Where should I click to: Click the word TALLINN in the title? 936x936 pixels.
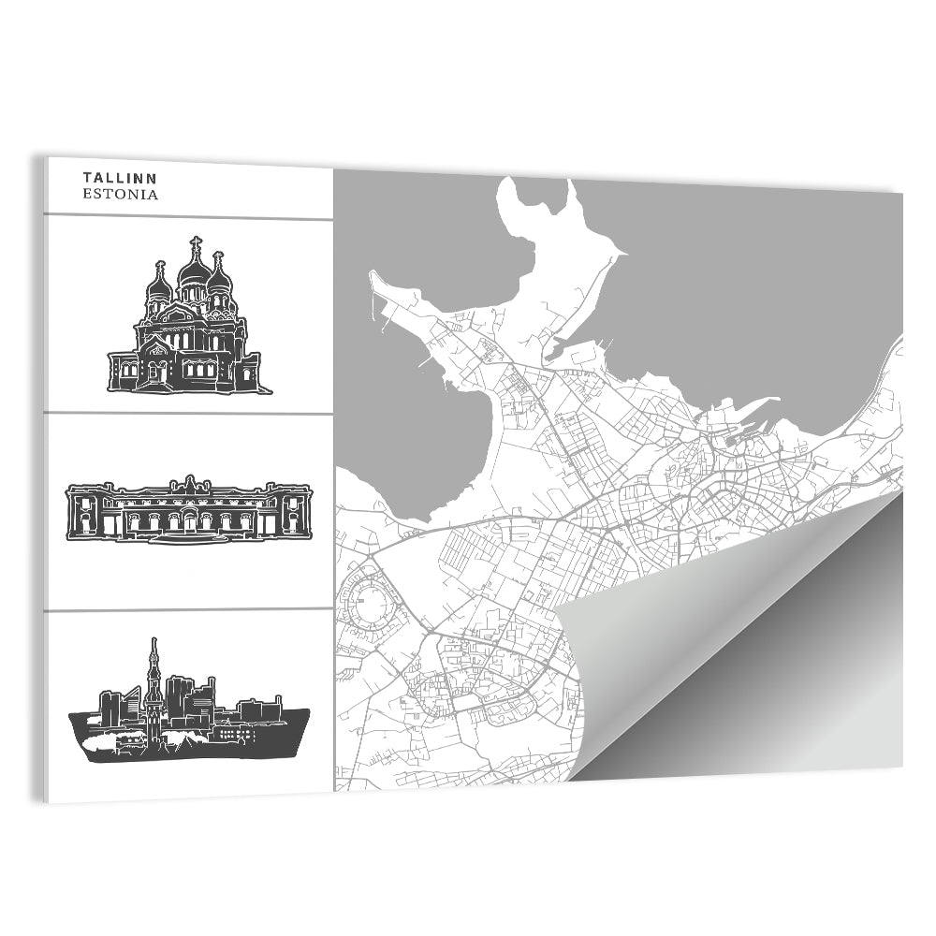(120, 178)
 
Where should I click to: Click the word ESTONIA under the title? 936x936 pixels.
(120, 196)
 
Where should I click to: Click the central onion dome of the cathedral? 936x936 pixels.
(196, 271)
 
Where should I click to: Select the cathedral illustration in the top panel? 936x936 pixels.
(189, 318)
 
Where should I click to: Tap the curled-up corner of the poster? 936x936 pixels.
(655, 655)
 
